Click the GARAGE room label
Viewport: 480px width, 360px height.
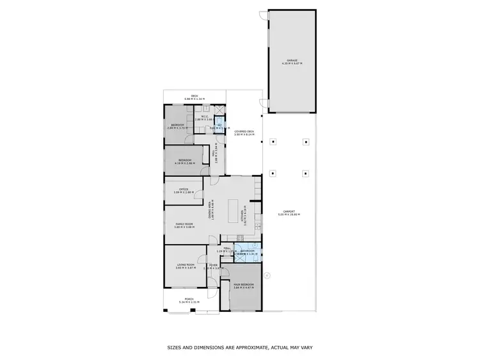pos(291,62)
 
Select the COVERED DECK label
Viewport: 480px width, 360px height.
pos(244,133)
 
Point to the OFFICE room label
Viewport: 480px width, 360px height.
pos(183,190)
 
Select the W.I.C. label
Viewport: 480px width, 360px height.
pos(203,118)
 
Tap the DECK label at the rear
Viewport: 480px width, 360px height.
pos(194,98)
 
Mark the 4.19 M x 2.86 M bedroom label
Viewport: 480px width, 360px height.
pos(184,161)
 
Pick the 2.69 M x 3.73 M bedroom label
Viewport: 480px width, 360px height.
pos(177,126)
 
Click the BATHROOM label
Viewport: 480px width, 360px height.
pos(247,252)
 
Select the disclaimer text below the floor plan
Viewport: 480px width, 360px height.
pos(240,347)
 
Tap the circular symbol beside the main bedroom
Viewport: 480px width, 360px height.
pos(268,276)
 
